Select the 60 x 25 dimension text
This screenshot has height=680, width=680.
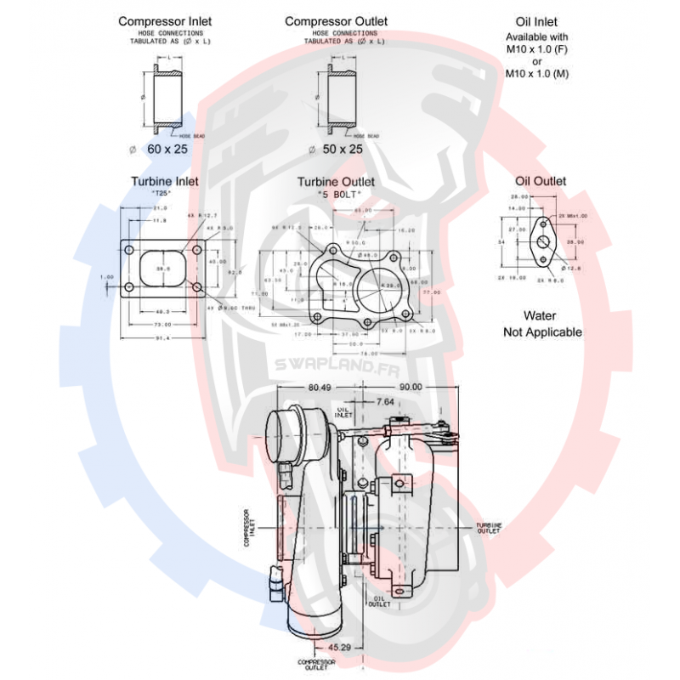click(x=167, y=149)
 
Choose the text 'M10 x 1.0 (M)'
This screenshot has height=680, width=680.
click(x=537, y=74)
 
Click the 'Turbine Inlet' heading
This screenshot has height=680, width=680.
click(x=165, y=181)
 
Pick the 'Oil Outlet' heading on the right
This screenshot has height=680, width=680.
click(x=541, y=181)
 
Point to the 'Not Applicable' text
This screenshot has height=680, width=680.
click(x=542, y=331)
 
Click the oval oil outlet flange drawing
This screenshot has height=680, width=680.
click(x=541, y=241)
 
